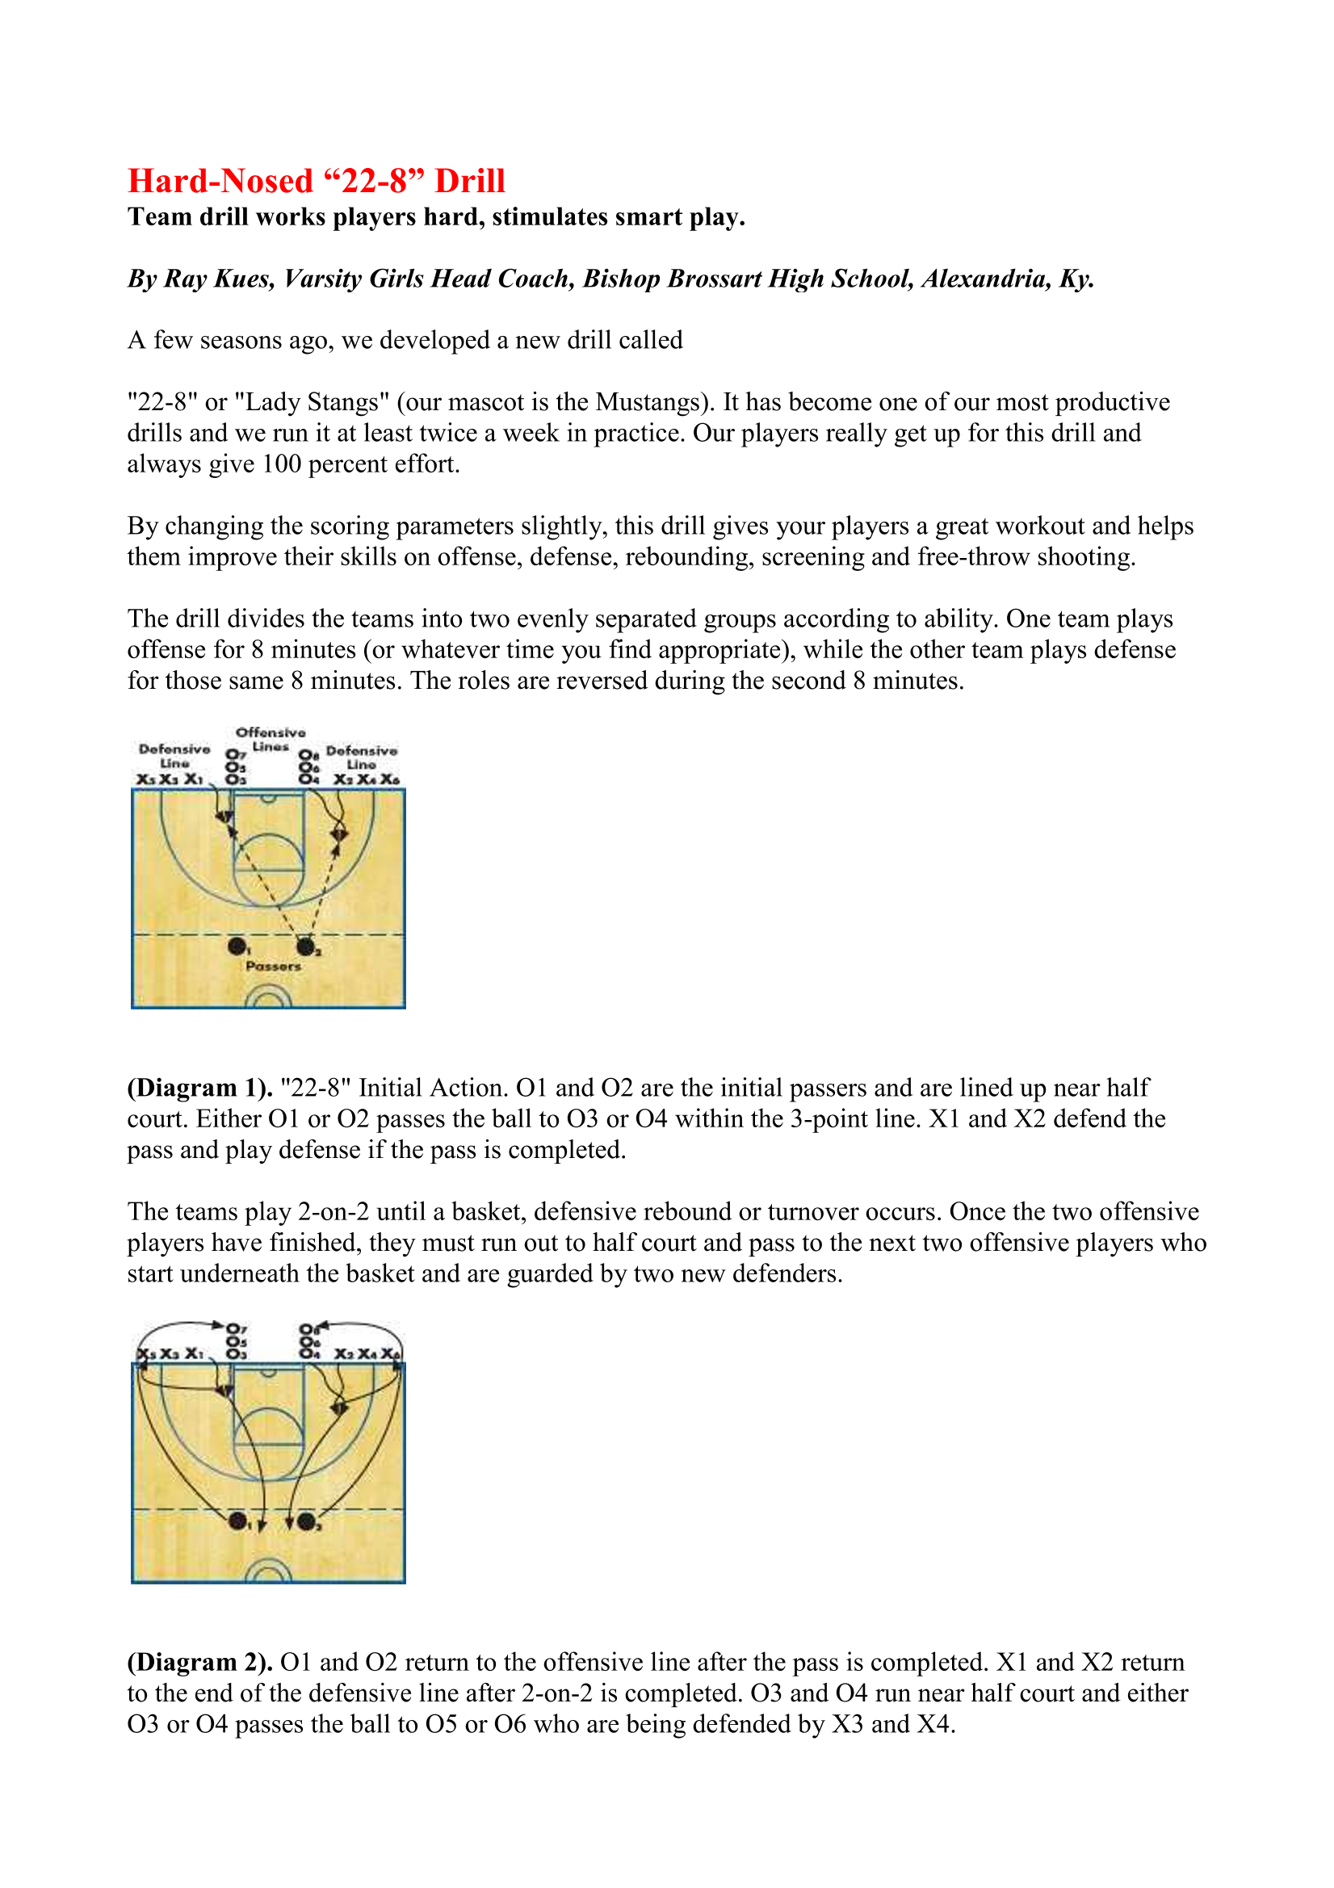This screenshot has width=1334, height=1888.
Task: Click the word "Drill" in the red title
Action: [469, 181]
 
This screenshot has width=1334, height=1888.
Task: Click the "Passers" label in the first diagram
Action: [273, 966]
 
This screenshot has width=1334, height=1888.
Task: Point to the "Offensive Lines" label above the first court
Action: [271, 738]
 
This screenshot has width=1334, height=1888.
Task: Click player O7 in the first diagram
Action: [235, 754]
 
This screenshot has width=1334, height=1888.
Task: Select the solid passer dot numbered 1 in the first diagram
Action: [237, 946]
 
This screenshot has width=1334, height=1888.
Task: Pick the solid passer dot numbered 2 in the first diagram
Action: [305, 946]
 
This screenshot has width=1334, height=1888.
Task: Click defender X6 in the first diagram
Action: [390, 779]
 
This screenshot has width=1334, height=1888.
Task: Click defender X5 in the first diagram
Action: [146, 779]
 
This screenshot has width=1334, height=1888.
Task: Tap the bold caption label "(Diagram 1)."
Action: [199, 1088]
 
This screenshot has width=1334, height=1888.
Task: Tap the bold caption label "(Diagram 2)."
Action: [199, 1663]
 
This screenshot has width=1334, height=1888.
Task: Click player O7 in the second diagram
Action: [235, 1329]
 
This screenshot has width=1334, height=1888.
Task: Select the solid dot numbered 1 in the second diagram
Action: [237, 1521]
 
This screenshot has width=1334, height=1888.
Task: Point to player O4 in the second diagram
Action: [308, 1353]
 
